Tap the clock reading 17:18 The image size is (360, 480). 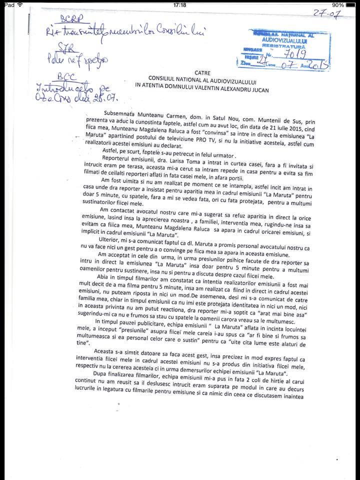point(179,4)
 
